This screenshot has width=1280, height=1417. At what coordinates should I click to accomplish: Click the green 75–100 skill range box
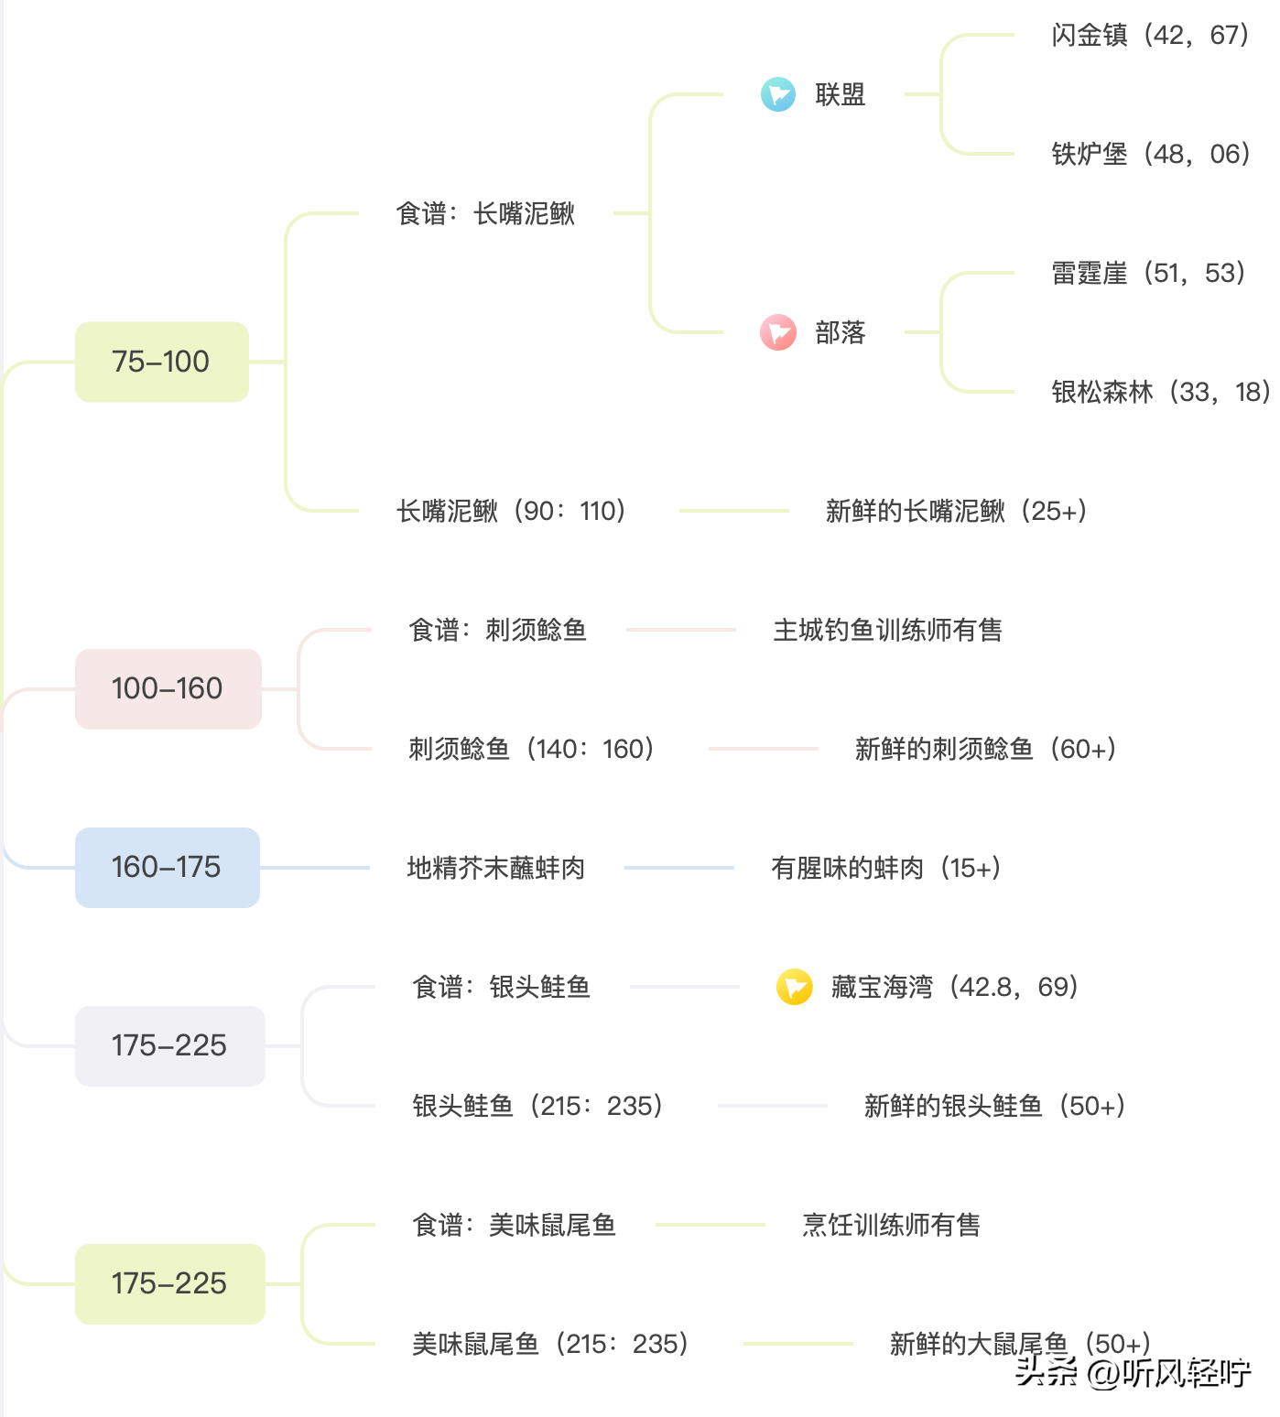point(161,362)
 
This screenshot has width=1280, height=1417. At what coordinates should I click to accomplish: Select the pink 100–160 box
point(168,688)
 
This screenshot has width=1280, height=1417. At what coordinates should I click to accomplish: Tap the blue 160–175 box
point(167,867)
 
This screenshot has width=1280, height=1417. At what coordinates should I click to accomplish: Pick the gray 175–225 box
point(169,1045)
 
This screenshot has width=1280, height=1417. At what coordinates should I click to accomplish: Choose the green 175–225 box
point(169,1283)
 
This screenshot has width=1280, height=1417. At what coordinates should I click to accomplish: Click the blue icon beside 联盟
point(778,94)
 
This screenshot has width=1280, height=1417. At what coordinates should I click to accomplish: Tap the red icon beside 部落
point(778,332)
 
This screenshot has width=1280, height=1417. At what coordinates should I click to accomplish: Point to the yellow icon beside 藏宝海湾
point(794,987)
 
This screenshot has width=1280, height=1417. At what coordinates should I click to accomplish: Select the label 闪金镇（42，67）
point(1151,35)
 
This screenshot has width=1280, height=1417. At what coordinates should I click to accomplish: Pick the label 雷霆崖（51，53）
point(1149,273)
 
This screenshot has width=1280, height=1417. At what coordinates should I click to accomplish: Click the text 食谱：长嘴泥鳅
point(485,213)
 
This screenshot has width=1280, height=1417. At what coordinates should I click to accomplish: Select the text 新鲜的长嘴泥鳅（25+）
point(957,511)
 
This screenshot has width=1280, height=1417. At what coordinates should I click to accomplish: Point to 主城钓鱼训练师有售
point(887,630)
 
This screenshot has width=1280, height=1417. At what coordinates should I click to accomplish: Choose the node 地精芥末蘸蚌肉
point(495,868)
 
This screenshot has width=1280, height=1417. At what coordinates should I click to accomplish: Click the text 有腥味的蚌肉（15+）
point(886,868)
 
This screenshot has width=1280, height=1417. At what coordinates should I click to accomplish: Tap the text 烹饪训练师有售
point(891,1225)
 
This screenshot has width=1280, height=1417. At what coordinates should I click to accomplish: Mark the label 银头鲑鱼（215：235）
point(538,1106)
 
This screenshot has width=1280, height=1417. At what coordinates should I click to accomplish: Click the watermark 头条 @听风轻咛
point(1134,1372)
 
